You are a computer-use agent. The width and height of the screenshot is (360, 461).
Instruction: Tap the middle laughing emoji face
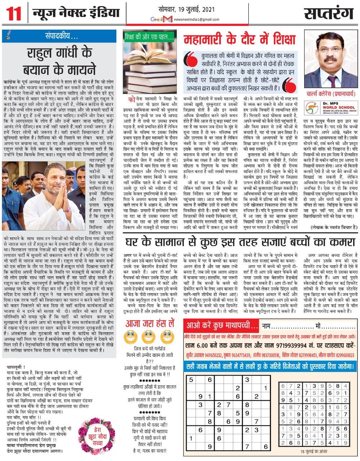148,337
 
